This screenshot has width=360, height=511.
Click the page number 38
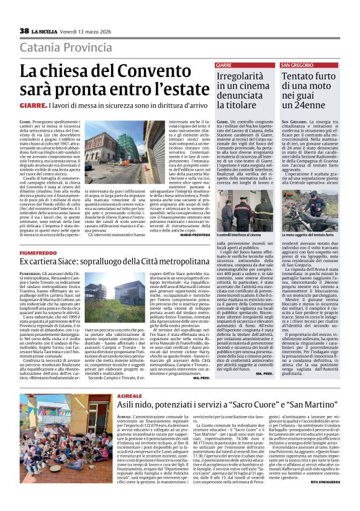pyautogui.click(x=24, y=31)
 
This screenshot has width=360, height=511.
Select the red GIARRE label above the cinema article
pyautogui.click(x=223, y=65)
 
